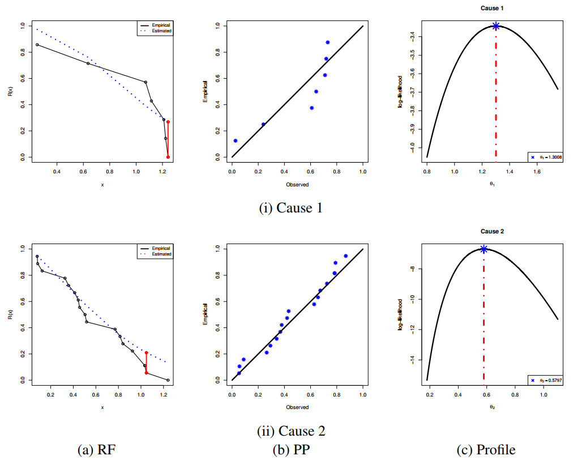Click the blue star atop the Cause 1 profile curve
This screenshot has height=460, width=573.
pos(496,26)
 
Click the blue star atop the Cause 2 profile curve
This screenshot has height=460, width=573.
pos(484,249)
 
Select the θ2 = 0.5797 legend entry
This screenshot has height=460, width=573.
pos(546,380)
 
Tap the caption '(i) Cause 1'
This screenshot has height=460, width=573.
pos(290,208)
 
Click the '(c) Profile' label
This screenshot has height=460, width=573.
pos(486,450)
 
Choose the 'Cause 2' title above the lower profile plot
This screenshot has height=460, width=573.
pos(493,231)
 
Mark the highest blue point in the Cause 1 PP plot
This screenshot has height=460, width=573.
pos(327,42)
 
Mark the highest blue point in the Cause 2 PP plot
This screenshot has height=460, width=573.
pos(345,255)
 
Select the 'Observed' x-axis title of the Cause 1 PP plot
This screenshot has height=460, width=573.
pos(297,184)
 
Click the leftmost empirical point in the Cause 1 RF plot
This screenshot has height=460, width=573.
pos(37,45)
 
